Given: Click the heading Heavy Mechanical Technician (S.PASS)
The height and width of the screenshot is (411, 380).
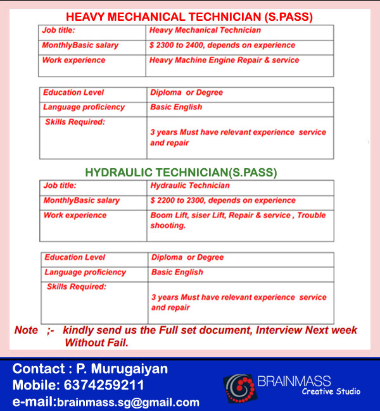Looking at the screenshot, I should click(190, 16).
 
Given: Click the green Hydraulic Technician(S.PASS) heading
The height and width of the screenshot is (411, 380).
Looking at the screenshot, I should click(181, 171).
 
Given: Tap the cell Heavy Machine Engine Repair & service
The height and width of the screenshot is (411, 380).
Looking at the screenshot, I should click(224, 60).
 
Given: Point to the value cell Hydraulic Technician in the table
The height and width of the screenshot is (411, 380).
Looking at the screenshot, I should click(190, 186).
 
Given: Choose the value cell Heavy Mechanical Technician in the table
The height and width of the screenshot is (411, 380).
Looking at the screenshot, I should click(205, 30).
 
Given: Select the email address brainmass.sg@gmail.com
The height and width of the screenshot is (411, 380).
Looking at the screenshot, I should click(129, 402).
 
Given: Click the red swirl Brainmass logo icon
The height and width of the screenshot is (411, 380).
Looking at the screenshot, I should click(239, 386).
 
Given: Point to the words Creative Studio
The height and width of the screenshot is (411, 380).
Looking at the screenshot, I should click(331, 391).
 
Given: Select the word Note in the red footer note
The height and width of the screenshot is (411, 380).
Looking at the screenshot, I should click(26, 330).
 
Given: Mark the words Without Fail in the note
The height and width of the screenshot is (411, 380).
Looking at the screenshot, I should click(96, 343).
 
